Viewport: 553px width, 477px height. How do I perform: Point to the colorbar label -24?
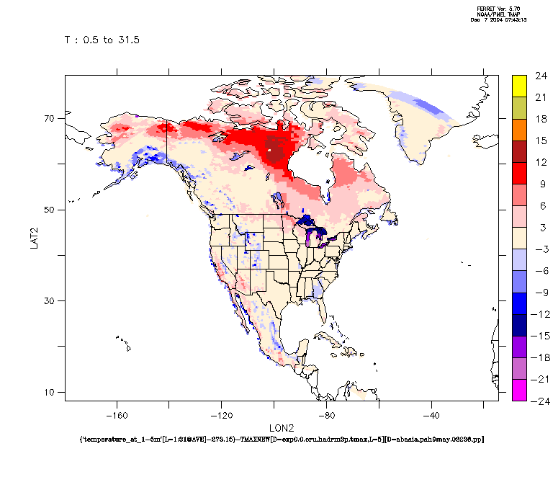(541, 401)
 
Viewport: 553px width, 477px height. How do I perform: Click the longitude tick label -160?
(117, 415)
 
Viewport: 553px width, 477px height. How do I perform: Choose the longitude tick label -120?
(222, 415)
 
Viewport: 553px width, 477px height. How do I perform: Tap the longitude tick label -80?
(326, 415)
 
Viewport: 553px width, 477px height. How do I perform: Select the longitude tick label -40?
(431, 415)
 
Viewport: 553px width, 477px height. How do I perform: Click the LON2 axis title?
(282, 428)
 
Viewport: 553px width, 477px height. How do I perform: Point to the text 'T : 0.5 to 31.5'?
(102, 40)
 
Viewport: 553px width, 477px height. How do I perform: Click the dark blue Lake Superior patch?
(307, 220)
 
